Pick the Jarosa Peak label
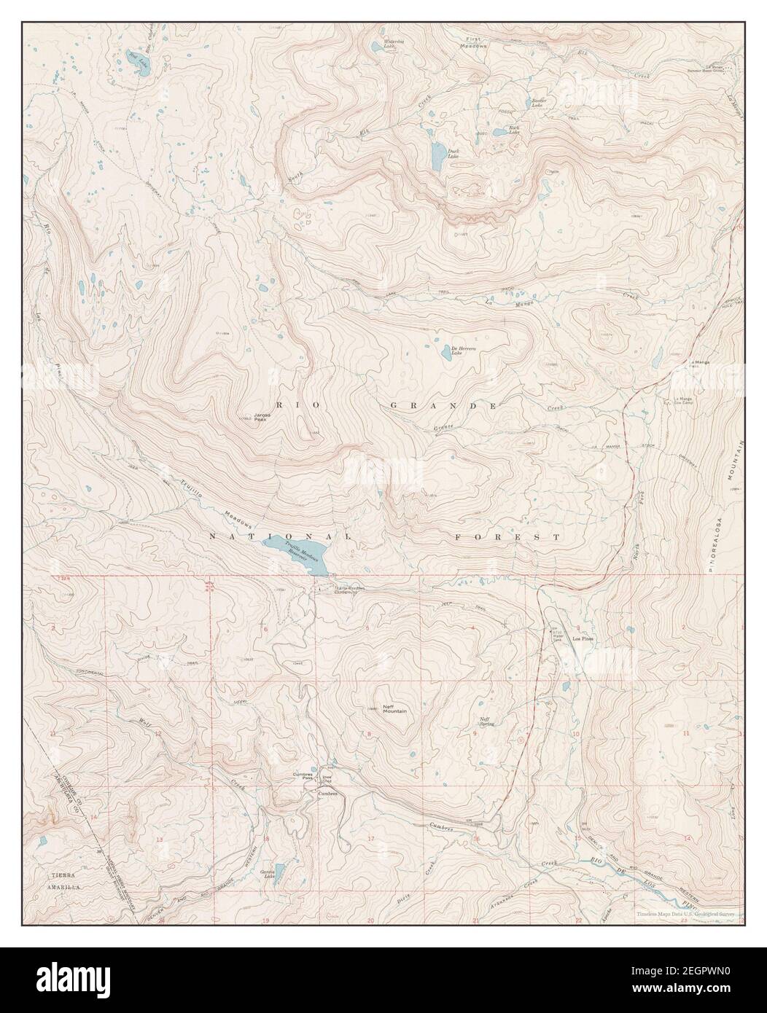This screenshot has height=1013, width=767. (262, 418)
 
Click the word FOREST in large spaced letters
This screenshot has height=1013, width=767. (505, 537)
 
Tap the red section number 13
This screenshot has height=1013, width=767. (158, 840)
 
